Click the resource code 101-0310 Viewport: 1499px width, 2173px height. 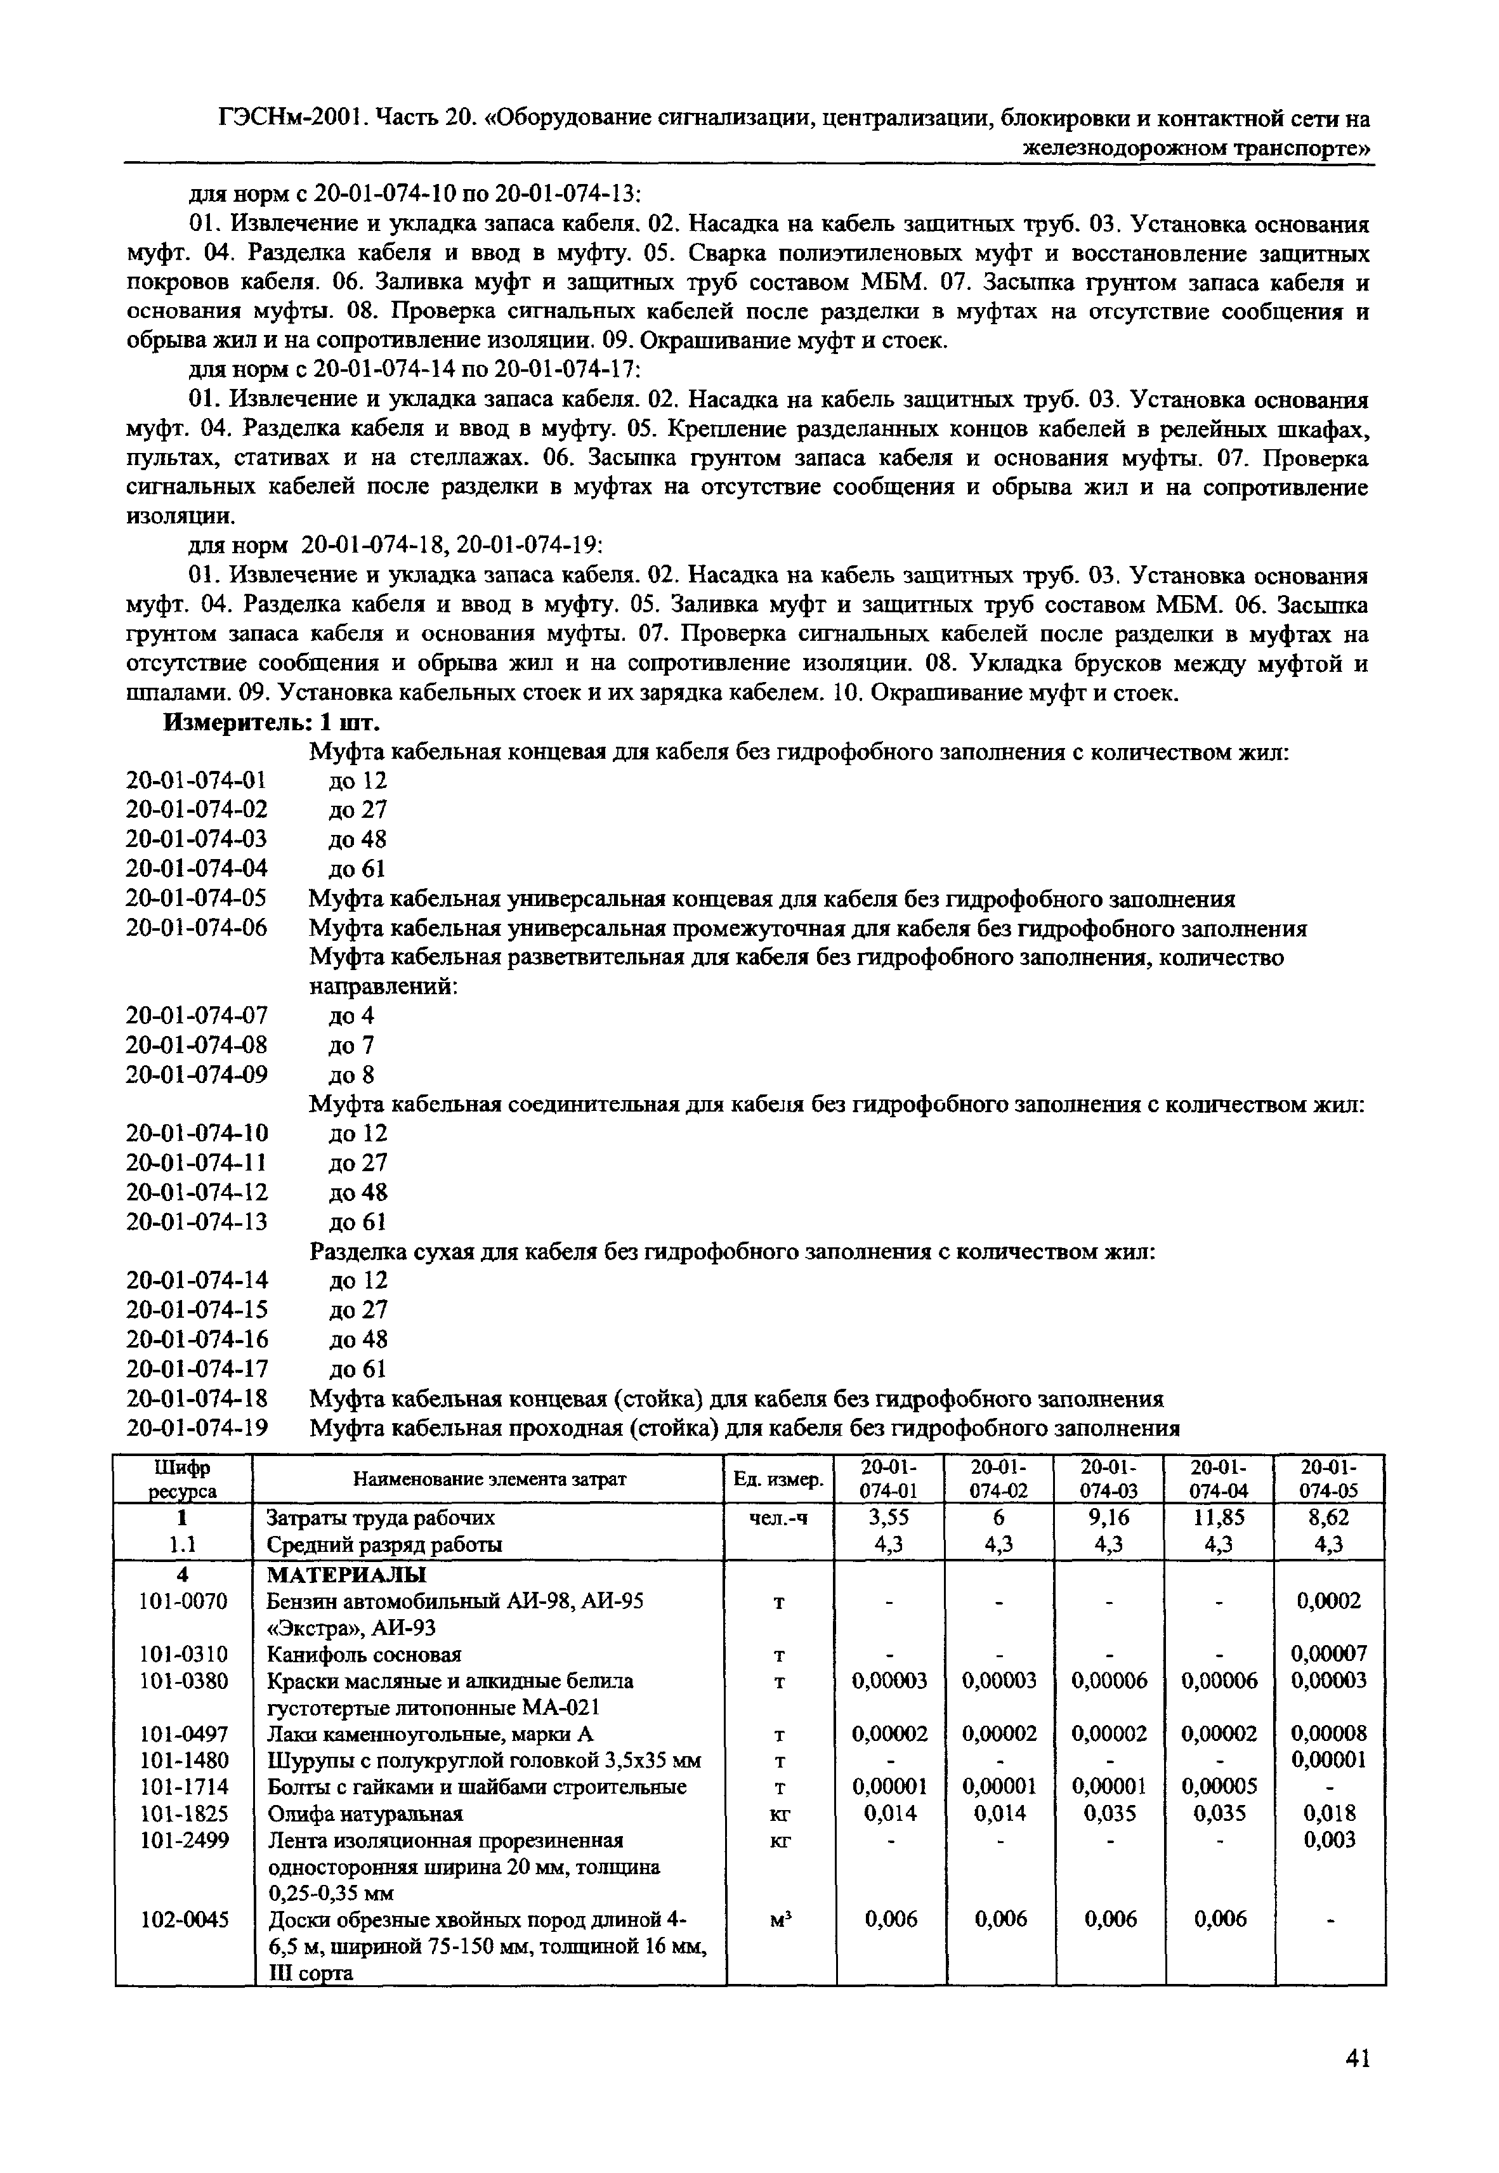(184, 1653)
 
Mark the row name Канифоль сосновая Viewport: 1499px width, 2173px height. (363, 1653)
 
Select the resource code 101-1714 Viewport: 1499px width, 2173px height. (184, 1786)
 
